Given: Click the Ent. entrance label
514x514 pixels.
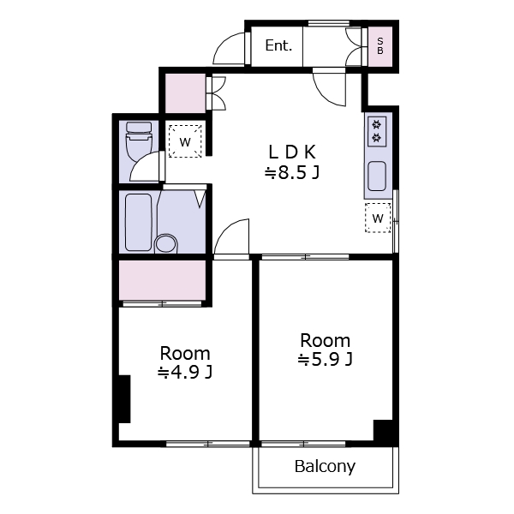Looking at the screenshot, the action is click(x=278, y=45).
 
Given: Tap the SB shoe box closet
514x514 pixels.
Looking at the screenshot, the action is click(x=380, y=46).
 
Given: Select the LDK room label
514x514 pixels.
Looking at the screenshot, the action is click(x=292, y=152).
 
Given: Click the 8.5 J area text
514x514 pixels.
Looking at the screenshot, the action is click(x=292, y=173).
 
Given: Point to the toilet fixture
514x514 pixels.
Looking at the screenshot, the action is click(x=139, y=141).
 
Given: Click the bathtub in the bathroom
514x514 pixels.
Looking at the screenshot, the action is click(x=138, y=223).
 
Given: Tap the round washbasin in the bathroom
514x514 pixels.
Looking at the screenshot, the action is click(x=166, y=243).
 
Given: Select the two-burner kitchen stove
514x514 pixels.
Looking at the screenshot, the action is click(x=377, y=131).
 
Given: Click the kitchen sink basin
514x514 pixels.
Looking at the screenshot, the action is click(x=377, y=176).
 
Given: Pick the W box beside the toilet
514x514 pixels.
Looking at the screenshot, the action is click(x=185, y=141).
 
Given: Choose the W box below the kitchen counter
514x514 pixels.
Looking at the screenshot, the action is click(x=378, y=218).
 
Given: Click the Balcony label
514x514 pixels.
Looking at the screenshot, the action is click(x=325, y=467).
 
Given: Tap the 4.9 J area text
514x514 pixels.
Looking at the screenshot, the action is click(x=185, y=373).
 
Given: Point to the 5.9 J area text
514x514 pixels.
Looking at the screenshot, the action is click(x=326, y=360).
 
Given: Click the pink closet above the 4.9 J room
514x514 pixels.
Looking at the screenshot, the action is click(x=162, y=280).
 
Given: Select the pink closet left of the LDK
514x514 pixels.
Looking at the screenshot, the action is click(x=185, y=93).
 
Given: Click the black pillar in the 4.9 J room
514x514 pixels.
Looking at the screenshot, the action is click(x=124, y=399).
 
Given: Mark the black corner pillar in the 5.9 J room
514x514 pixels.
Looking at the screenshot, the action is click(x=383, y=430).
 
